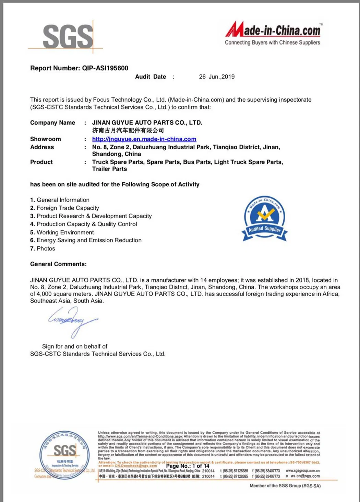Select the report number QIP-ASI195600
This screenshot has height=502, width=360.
pyautogui.click(x=105, y=68)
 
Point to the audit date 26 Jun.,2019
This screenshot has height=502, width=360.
pyautogui.click(x=217, y=77)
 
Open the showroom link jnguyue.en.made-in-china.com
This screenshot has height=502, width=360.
pyautogui.click(x=144, y=139)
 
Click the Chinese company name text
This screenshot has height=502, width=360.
pyautogui.click(x=128, y=130)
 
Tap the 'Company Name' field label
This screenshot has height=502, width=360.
pyautogui.click(x=52, y=122)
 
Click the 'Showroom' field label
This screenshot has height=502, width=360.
pyautogui.click(x=46, y=139)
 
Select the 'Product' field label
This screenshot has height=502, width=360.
pyautogui.click(x=41, y=162)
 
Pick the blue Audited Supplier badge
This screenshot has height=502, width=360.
pyautogui.click(x=264, y=218)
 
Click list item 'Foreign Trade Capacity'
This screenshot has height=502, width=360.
pyautogui.click(x=68, y=208)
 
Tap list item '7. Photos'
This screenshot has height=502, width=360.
pyautogui.click(x=43, y=248)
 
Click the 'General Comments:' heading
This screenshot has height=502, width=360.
pyautogui.click(x=58, y=264)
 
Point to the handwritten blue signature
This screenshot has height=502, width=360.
pyautogui.click(x=72, y=321)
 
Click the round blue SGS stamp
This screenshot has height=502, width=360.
pyautogui.click(x=65, y=455)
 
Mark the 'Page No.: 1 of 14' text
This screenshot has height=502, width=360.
pyautogui.click(x=188, y=466)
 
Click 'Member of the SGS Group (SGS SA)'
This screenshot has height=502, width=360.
pyautogui.click(x=285, y=486)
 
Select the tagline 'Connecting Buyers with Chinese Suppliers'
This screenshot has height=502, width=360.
pyautogui.click(x=272, y=43)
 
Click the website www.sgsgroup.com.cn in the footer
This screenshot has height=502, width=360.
pyautogui.click(x=302, y=471)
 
